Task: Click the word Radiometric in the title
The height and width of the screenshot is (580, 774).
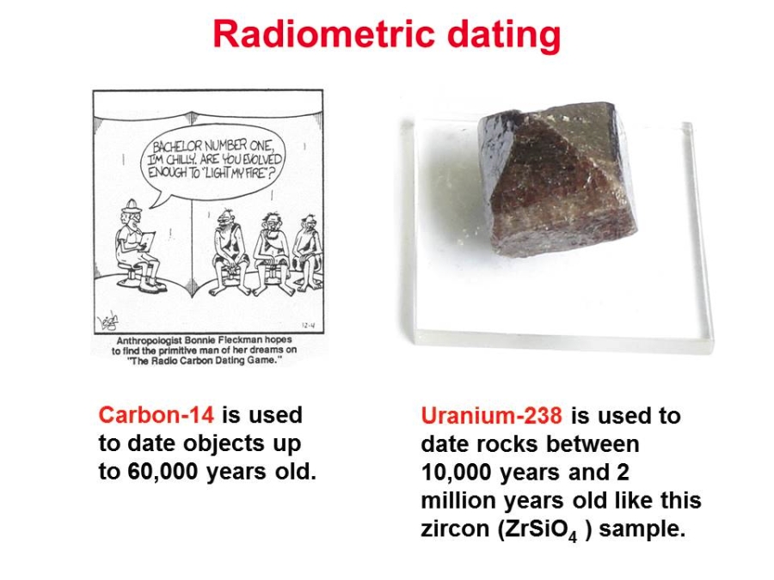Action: tap(324, 34)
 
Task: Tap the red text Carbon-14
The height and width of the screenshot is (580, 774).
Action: tap(157, 415)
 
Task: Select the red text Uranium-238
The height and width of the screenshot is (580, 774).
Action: tap(491, 416)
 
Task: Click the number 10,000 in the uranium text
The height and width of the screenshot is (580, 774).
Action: tap(457, 473)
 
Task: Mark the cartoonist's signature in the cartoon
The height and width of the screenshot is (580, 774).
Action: tap(108, 321)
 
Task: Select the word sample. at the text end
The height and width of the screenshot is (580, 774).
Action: tap(642, 529)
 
